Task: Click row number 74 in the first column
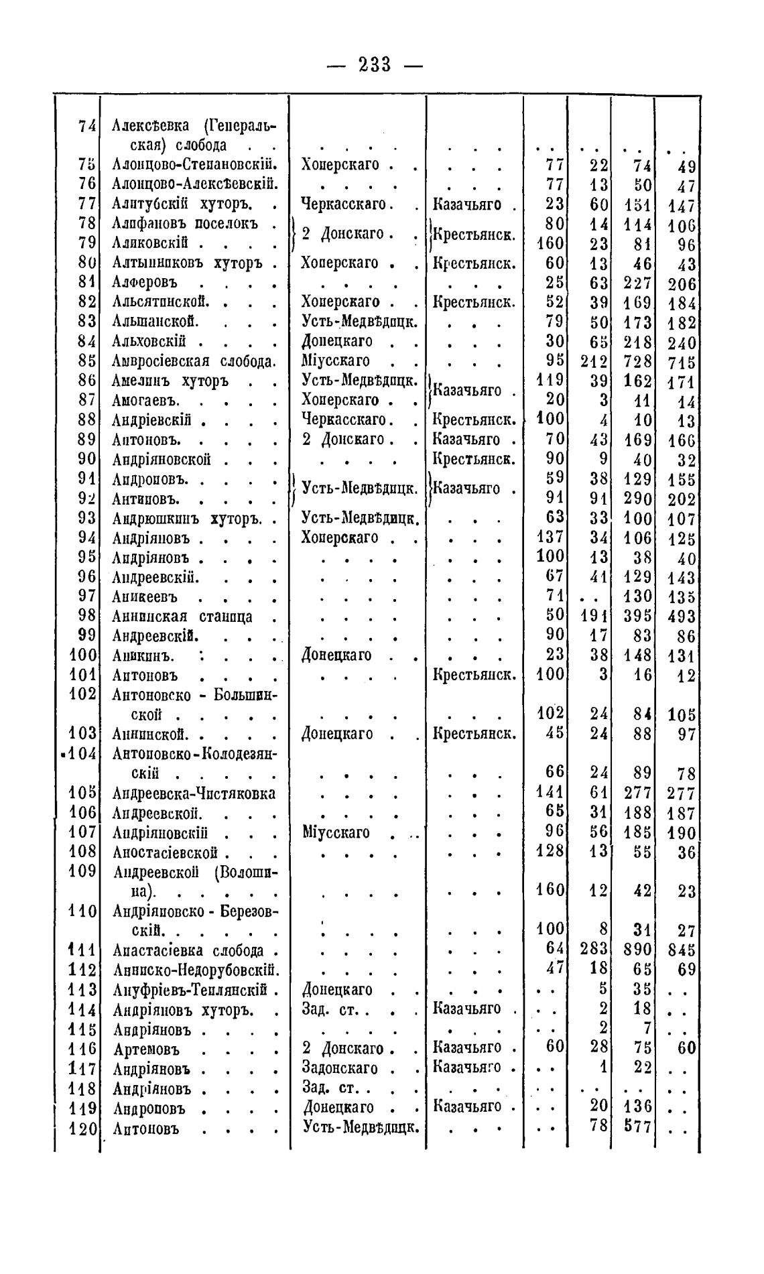point(87,125)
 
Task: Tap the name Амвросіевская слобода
point(194,361)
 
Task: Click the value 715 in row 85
point(682,363)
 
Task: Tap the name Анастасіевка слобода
point(188,951)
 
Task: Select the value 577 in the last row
point(638,1127)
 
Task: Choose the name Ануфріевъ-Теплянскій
point(190,990)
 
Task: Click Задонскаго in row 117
point(340,1068)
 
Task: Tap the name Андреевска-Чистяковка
point(194,793)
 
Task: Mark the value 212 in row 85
point(594,362)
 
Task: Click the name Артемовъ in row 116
point(147,1049)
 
